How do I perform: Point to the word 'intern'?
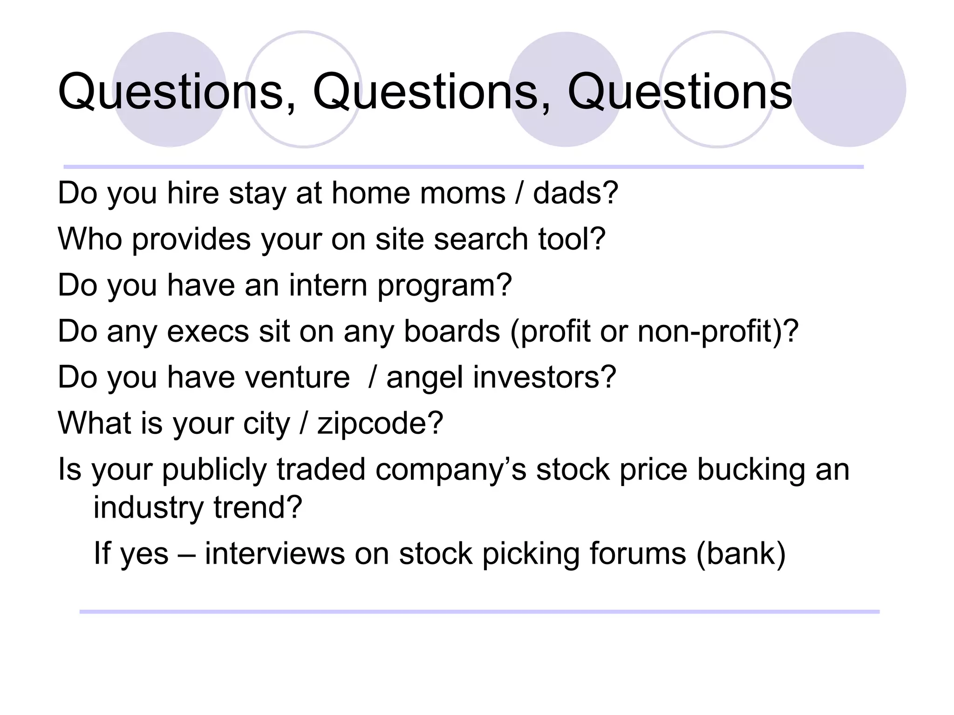coord(328,285)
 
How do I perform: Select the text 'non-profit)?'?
coord(718,332)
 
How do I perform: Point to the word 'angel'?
coord(424,378)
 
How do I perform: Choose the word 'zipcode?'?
coord(380,424)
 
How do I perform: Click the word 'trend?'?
coord(258,507)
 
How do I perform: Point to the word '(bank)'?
coord(741,553)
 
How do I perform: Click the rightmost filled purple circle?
coord(849,89)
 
